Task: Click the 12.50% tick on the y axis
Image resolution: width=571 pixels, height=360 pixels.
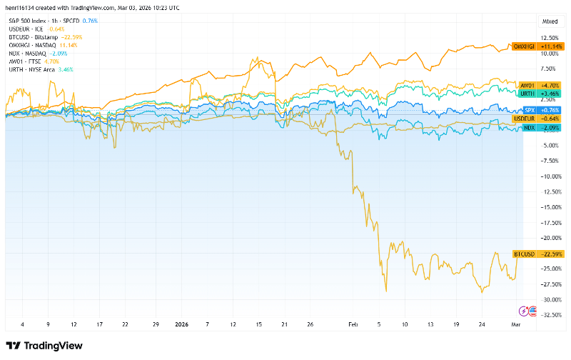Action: pos(550,38)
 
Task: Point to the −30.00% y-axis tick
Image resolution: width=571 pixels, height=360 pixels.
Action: pos(550,299)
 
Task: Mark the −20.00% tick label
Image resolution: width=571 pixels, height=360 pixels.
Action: pos(550,238)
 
